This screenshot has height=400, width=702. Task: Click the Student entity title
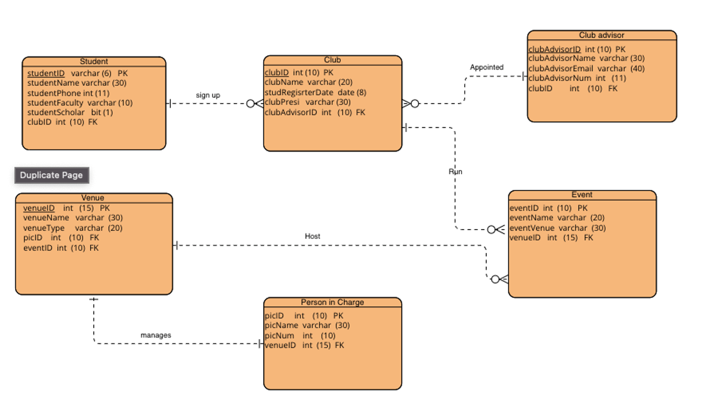94,61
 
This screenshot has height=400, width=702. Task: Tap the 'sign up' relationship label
208,95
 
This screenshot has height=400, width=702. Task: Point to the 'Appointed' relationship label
486,67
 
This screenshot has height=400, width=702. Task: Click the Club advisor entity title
601,35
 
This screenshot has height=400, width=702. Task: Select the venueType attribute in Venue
73,228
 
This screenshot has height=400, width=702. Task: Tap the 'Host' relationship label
312,236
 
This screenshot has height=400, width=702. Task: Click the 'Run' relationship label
455,171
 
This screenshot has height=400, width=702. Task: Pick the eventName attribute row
557,218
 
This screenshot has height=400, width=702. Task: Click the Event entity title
582,195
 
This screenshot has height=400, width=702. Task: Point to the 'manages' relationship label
156,335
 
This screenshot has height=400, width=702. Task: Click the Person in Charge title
332,302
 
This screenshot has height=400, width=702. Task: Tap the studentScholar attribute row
70,112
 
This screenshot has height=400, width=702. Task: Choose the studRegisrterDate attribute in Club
315,92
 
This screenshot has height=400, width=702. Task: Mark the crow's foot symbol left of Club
255,104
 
